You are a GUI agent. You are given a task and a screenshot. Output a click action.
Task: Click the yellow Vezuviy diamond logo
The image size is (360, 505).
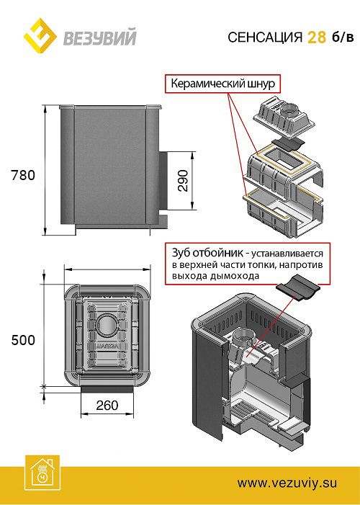[40, 35]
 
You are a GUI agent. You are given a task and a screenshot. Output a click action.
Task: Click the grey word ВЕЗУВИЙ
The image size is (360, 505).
[100, 37]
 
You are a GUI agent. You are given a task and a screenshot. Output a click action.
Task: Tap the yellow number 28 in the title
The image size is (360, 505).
[317, 37]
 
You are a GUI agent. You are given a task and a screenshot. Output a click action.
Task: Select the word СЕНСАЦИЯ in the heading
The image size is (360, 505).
[265, 37]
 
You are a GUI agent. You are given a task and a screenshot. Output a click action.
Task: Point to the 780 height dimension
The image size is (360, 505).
[23, 175]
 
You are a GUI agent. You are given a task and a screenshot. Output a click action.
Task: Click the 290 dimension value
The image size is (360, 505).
[183, 180]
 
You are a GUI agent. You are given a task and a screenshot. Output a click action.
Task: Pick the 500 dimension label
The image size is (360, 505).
[23, 340]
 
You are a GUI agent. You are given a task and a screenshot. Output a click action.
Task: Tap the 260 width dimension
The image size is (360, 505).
[107, 406]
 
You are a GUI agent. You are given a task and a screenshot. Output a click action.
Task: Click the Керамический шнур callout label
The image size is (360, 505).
[222, 84]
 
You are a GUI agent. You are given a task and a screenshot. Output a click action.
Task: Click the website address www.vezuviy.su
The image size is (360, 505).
[287, 483]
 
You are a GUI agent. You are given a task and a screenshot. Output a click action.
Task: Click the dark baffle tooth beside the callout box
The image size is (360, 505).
[298, 287]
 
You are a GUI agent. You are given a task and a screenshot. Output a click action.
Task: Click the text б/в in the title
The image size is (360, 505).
[342, 37]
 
